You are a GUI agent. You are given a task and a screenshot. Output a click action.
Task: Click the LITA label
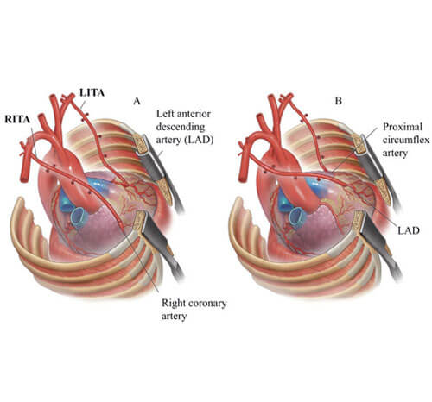pyautogui.click(x=94, y=90)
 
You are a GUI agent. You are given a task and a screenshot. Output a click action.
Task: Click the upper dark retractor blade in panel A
pyautogui.click(x=163, y=167)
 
